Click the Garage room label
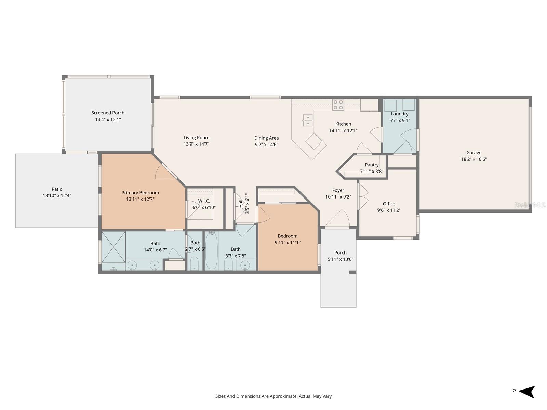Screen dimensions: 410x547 tap(473, 153)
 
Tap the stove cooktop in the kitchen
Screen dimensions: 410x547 tap(338, 105)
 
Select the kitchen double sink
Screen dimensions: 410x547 tap(307, 120)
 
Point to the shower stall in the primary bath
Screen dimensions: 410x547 tap(114, 247)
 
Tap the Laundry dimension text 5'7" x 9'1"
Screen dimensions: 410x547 tap(399, 120)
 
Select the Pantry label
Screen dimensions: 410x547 tap(372, 165)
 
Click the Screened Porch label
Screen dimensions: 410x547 tap(108, 113)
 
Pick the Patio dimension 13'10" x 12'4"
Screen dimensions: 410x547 tap(57, 195)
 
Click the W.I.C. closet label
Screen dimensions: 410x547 tap(204, 201)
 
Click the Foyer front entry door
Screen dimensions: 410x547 tap(338, 219)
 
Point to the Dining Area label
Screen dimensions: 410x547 tap(266, 138)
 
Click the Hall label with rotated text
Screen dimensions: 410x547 tap(241, 203)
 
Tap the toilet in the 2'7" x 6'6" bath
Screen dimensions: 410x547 tap(194, 263)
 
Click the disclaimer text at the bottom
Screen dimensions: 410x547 tap(273, 396)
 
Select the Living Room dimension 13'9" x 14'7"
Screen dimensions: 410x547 tap(196, 144)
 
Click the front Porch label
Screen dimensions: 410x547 tap(340, 253)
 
